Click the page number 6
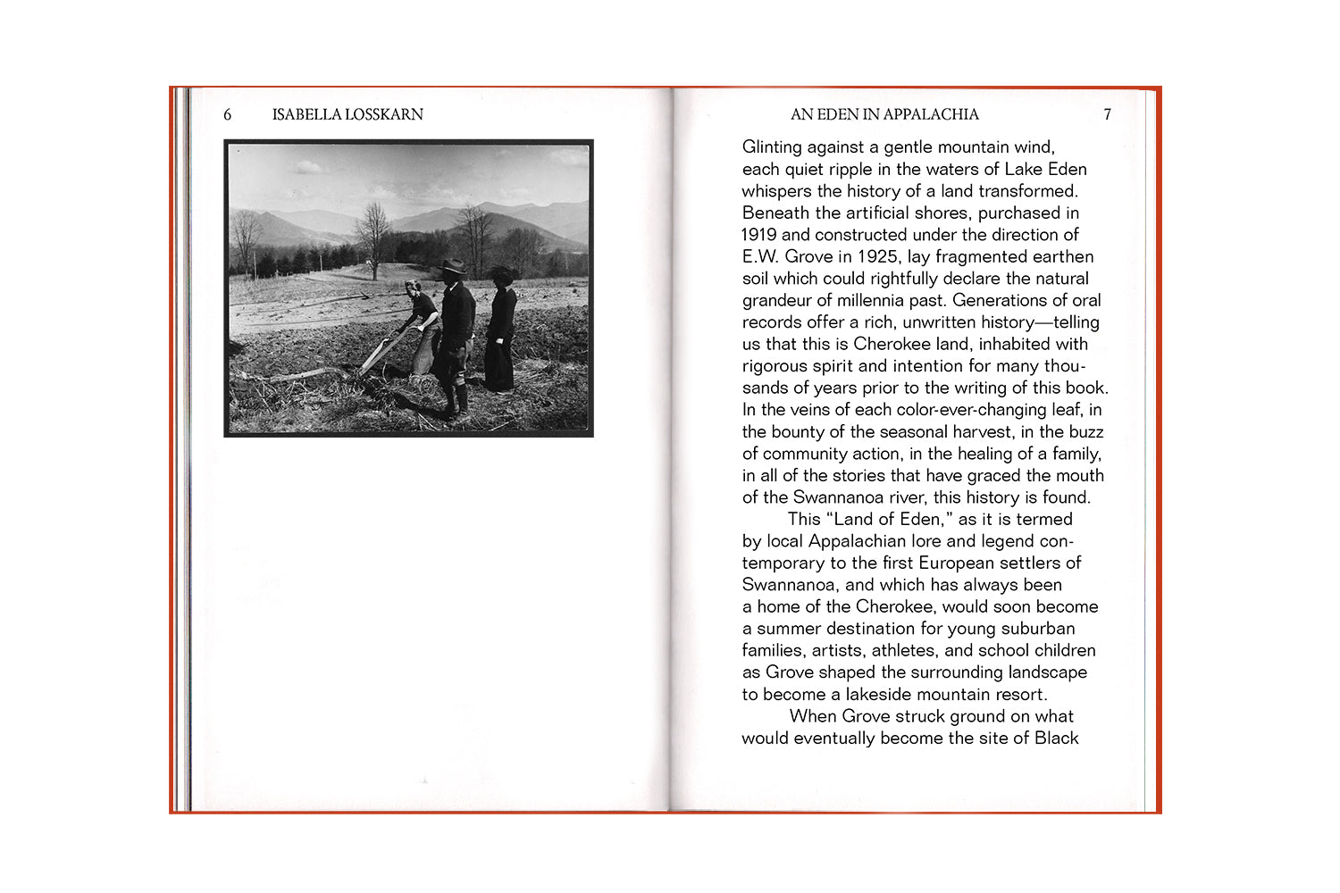coord(227,114)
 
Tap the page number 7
coord(1107,114)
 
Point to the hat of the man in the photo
coord(453,266)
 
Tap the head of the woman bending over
coord(413,288)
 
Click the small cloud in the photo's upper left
coord(308,167)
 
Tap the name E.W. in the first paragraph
coord(761,257)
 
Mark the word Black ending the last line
coord(1056,739)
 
